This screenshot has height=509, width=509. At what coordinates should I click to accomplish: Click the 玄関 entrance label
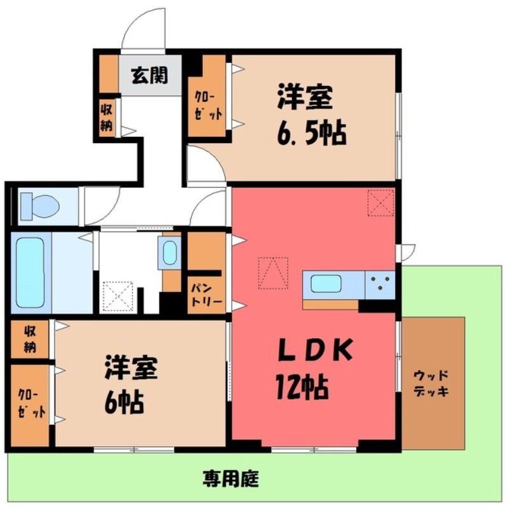point(150,76)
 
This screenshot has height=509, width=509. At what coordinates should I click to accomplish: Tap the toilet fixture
point(39,206)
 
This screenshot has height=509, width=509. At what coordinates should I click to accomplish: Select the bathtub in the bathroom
point(30,273)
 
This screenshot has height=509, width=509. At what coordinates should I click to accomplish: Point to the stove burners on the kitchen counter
point(380,282)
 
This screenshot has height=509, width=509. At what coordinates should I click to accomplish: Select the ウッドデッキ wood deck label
point(431,384)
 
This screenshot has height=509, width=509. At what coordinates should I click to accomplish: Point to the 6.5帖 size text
point(312,133)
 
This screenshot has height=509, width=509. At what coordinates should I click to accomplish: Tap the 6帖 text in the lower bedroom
point(124,401)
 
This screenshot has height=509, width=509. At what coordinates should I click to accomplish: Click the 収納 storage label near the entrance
point(106,118)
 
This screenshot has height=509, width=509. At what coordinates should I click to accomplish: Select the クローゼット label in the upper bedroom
point(208,106)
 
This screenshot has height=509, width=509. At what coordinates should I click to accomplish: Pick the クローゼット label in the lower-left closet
point(31,404)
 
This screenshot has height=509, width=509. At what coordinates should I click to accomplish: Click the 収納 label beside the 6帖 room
point(30,339)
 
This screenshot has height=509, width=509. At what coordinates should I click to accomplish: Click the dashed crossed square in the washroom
point(118,296)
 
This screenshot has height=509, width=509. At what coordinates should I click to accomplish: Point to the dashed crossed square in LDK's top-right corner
point(380,202)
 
